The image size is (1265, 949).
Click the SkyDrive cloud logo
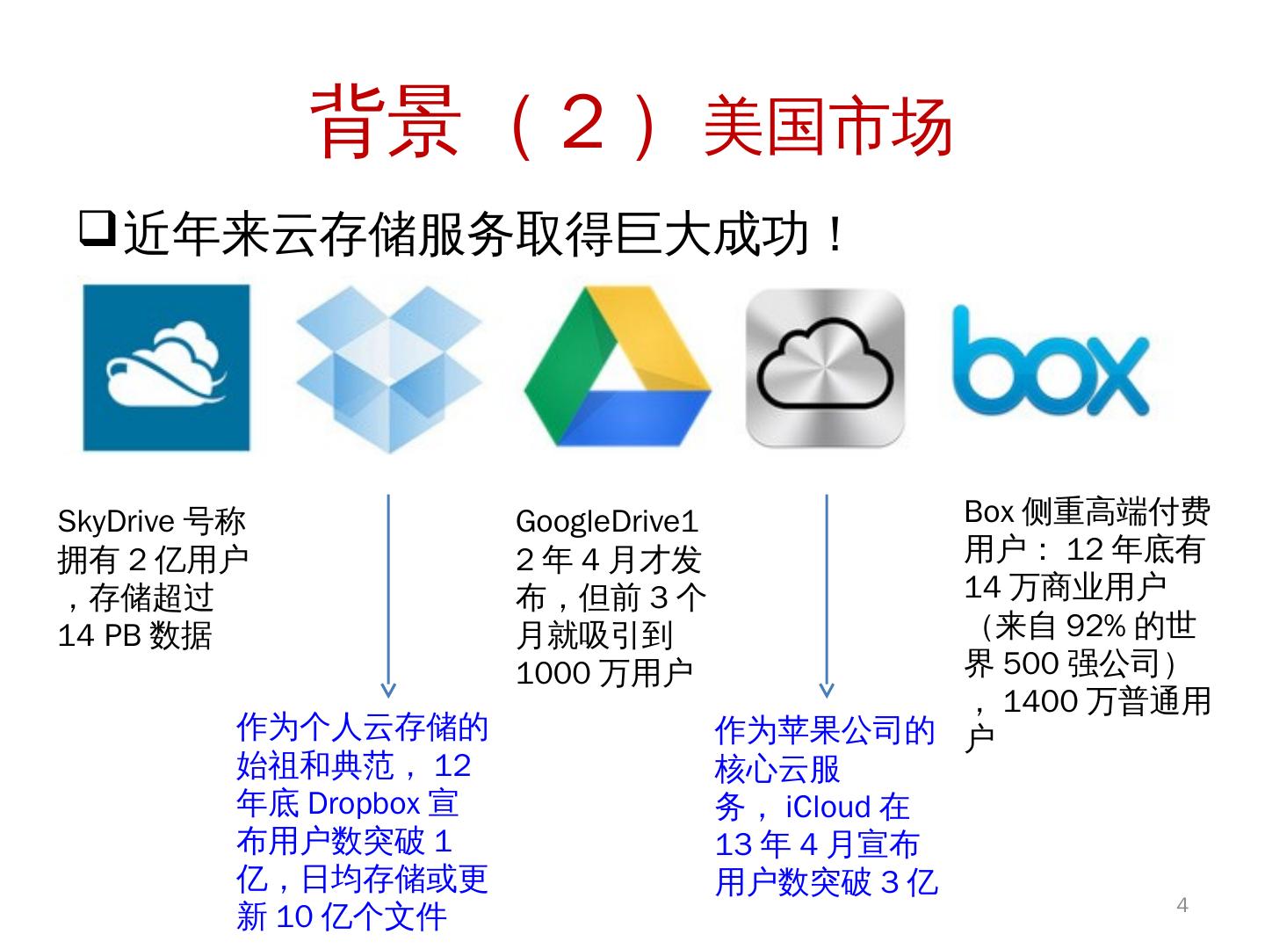click(166, 367)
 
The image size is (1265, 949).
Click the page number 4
click(1182, 905)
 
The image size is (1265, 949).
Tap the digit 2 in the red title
click(583, 124)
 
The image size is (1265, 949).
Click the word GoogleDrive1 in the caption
click(606, 522)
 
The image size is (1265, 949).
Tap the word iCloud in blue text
click(827, 807)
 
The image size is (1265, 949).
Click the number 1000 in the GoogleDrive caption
click(553, 674)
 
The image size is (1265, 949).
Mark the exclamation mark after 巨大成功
click(835, 235)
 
